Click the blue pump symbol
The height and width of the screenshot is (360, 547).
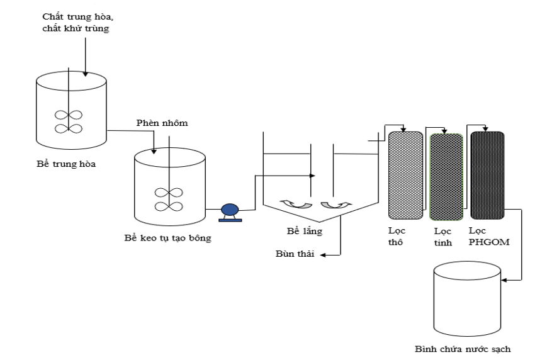(228, 211)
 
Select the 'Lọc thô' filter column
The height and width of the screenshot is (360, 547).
(405, 173)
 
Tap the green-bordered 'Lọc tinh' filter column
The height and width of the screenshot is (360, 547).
(446, 173)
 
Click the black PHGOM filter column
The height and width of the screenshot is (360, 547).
(487, 173)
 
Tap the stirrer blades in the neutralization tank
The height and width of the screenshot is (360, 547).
(69, 121)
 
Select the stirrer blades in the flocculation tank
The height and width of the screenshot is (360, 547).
(169, 199)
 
